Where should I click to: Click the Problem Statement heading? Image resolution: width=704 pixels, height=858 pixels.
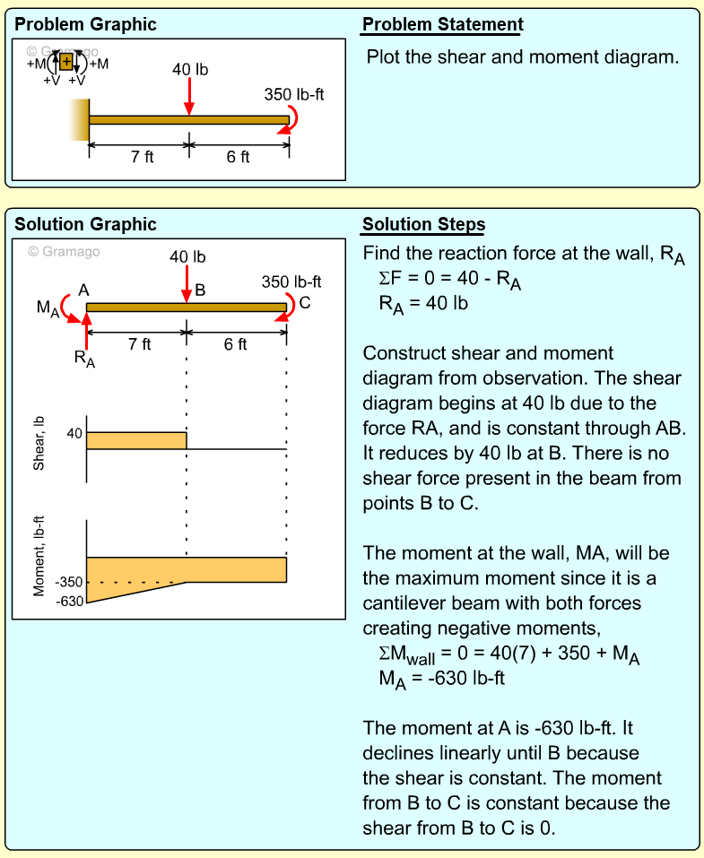point(442,24)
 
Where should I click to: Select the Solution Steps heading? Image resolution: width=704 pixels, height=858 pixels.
point(424,224)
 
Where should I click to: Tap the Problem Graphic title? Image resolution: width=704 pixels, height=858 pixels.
point(85,24)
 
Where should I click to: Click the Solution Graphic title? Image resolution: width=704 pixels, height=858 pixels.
point(85,224)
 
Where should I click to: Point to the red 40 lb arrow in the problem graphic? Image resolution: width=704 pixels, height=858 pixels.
point(189,96)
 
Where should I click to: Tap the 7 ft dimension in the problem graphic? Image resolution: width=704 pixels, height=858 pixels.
point(142,157)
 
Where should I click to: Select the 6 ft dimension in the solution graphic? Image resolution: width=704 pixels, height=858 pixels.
point(236,344)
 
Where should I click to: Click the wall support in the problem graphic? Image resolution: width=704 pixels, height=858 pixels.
point(81,119)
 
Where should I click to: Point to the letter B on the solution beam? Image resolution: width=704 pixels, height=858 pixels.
point(200,290)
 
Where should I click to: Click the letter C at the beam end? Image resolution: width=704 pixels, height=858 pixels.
point(305,302)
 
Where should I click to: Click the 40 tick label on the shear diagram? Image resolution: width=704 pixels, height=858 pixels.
point(74,433)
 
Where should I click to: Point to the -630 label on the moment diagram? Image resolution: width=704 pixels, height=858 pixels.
point(69,601)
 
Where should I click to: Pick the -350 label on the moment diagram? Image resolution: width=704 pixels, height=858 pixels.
point(69,583)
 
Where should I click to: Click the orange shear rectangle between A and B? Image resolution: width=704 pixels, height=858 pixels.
point(136,440)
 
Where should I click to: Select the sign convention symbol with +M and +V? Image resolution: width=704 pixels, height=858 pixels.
point(66,62)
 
